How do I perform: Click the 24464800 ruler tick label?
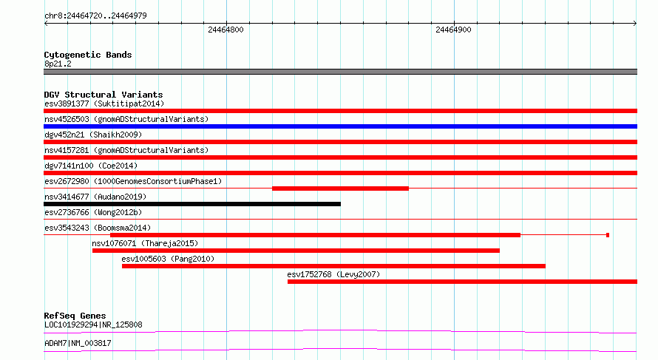225,30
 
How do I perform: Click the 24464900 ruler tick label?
453,30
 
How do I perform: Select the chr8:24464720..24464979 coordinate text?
95,16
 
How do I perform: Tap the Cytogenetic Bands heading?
88,55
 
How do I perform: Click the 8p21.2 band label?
58,64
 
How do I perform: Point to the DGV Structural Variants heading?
104,95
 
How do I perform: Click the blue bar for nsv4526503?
340,126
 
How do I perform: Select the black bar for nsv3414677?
192,204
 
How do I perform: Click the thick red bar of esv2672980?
340,189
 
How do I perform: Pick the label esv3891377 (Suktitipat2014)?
104,103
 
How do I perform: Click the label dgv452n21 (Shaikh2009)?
93,135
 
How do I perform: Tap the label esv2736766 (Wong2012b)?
93,212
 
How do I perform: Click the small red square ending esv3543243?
608,235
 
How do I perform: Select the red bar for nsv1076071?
296,251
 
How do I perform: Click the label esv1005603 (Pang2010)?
168,259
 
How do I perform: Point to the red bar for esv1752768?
462,282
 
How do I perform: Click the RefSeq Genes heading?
75,316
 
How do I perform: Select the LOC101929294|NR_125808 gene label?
93,325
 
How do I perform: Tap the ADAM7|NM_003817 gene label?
78,343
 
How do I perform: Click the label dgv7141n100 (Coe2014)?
91,166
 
